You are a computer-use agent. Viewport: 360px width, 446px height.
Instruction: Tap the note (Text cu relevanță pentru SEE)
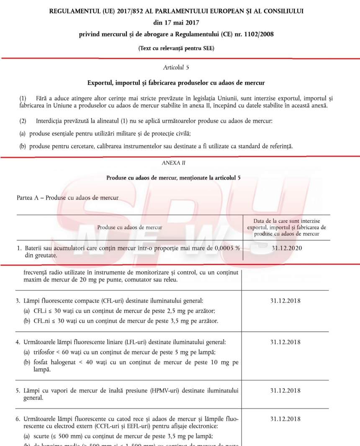[x=176, y=49]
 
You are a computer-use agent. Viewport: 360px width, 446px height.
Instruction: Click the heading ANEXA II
[x=176, y=163]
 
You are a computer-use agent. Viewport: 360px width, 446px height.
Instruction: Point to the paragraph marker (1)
[x=23, y=98]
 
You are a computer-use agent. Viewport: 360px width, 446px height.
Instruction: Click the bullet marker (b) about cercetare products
[x=23, y=146]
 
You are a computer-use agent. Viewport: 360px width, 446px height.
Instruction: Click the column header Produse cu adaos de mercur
[x=130, y=227]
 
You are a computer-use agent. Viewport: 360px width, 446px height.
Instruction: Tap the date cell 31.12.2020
[x=287, y=248]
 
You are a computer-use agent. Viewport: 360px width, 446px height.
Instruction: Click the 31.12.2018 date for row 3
[x=285, y=301]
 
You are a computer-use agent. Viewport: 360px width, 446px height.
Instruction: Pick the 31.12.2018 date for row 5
[x=285, y=391]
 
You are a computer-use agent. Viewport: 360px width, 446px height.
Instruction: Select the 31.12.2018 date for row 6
[x=285, y=418]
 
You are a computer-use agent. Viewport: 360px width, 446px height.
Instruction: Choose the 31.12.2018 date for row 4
[x=285, y=342]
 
